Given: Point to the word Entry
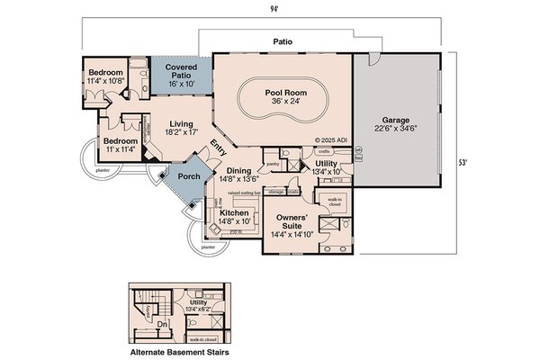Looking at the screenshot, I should (x=218, y=148).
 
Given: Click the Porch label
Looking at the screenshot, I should (x=189, y=176).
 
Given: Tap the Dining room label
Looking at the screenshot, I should (x=238, y=171).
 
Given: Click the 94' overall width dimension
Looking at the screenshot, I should (x=270, y=10).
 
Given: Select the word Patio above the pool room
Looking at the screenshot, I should (x=287, y=41).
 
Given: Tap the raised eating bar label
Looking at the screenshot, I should (x=244, y=192).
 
